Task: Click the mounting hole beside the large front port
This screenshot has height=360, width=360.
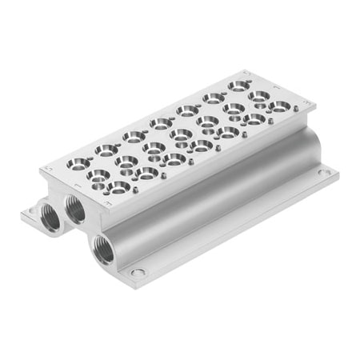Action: coord(138,273)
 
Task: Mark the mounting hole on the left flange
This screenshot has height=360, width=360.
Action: coord(30,214)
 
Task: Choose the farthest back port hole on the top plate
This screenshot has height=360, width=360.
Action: coord(238,84)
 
